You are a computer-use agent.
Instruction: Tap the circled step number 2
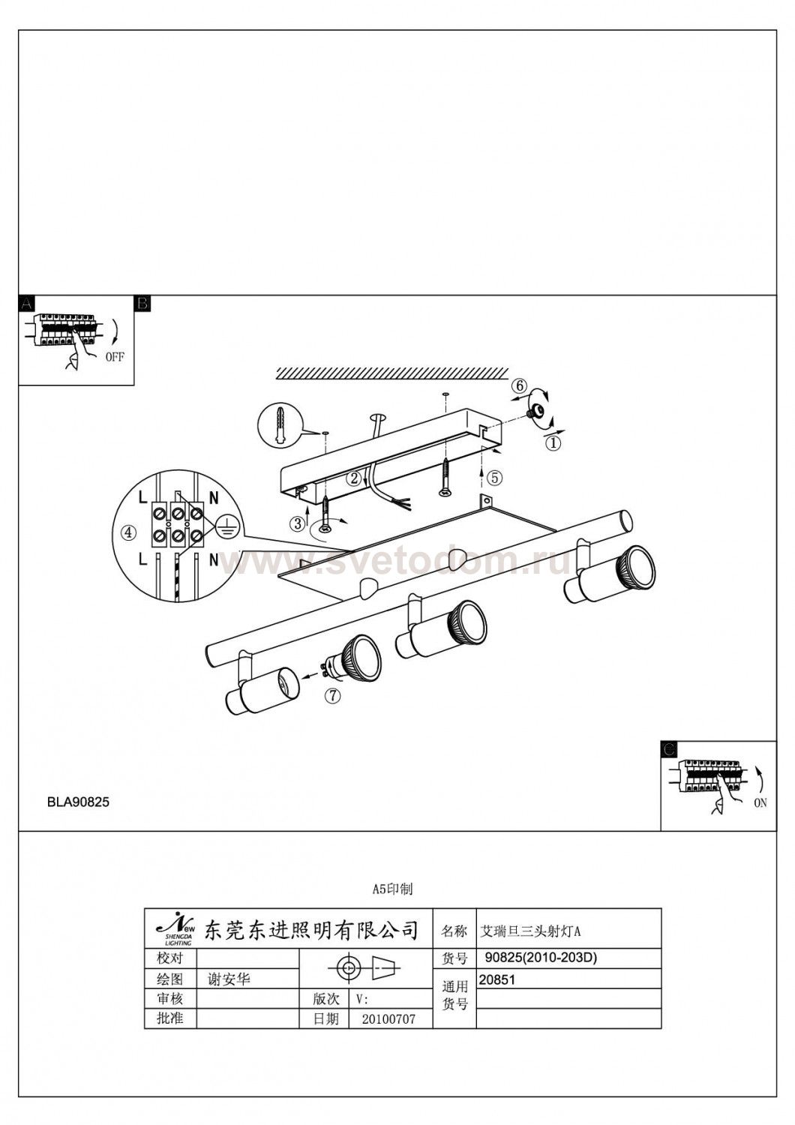point(355,478)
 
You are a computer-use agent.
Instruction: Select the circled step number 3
point(298,523)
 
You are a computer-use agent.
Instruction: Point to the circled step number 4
point(129,532)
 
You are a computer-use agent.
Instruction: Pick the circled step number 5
point(495,478)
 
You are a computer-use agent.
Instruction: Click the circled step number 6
point(519,386)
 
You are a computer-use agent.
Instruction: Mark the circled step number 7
point(332,696)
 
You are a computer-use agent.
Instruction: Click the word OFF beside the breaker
point(115,357)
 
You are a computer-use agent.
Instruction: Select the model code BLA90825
point(78,802)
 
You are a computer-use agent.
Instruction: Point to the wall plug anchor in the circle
point(279,425)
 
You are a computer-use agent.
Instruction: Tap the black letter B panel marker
point(142,303)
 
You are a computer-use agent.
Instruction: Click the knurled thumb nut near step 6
point(533,412)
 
